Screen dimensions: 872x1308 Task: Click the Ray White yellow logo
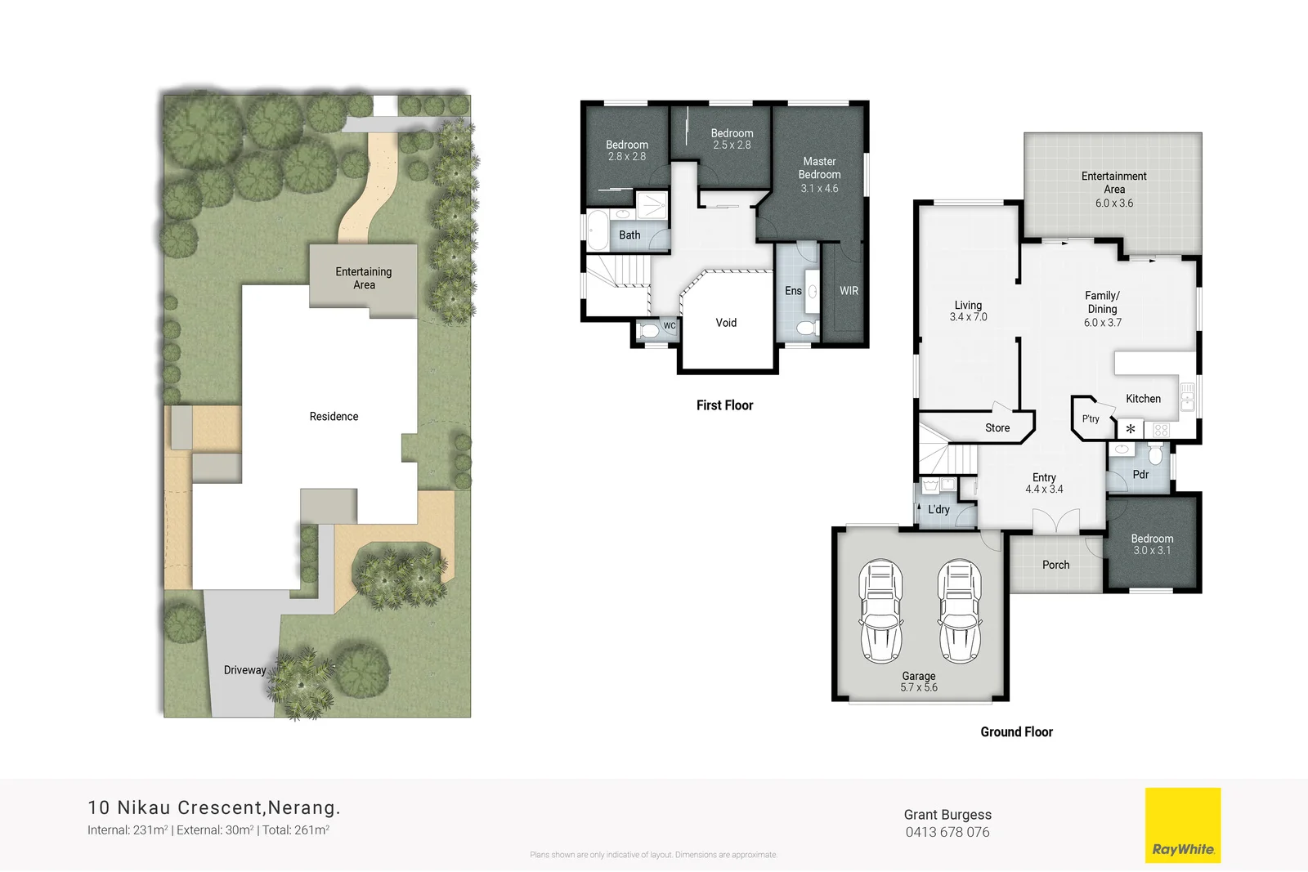click(x=1182, y=825)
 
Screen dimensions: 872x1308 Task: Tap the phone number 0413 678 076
click(x=947, y=832)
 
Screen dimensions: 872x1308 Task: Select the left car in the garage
click(x=880, y=611)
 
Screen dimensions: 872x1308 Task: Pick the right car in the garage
click(x=959, y=611)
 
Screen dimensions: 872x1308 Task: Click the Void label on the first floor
click(x=726, y=323)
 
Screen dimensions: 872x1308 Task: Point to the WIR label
click(x=849, y=291)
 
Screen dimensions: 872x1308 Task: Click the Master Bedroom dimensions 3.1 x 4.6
click(x=819, y=189)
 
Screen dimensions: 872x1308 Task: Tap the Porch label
click(x=1055, y=565)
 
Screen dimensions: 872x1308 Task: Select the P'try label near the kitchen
click(x=1091, y=418)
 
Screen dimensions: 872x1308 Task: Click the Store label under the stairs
click(x=997, y=428)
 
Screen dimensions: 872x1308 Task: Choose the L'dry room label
click(x=938, y=509)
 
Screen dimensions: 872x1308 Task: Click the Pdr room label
click(x=1140, y=475)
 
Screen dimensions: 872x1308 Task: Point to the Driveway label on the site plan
click(x=244, y=670)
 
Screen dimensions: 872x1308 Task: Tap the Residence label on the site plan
click(x=334, y=417)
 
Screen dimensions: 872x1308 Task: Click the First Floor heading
click(x=724, y=405)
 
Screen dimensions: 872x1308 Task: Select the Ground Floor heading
click(x=1016, y=732)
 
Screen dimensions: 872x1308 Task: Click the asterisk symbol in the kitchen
click(x=1131, y=429)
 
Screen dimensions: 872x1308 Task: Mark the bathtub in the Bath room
click(x=598, y=231)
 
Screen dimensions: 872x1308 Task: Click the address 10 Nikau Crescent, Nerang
click(x=213, y=807)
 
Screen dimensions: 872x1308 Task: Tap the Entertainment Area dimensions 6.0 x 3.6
click(x=1113, y=203)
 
